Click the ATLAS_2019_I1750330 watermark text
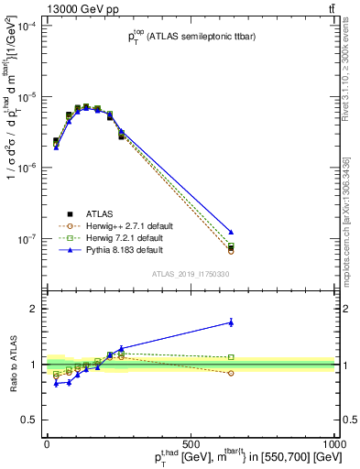click(x=190, y=274)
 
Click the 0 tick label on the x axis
click(x=47, y=443)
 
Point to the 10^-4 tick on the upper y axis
click(x=29, y=27)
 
